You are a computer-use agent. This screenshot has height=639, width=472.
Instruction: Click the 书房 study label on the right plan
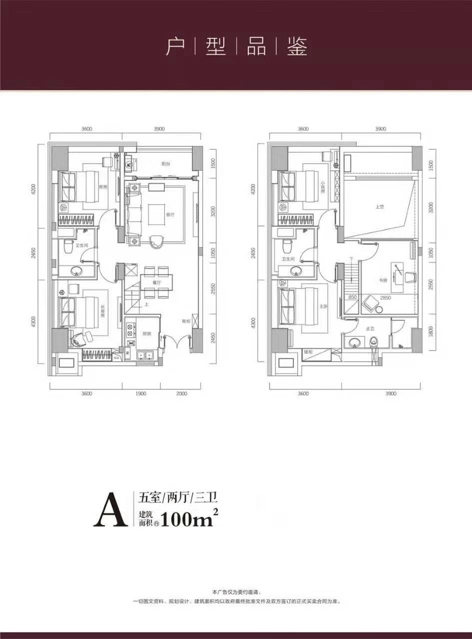[383, 281]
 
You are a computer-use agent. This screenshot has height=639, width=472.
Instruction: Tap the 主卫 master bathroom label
[370, 329]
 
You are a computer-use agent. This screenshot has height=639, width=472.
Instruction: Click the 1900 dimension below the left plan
[141, 394]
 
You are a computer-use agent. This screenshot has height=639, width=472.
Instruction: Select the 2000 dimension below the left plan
[181, 394]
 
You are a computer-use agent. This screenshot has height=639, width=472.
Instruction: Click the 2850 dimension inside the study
[386, 298]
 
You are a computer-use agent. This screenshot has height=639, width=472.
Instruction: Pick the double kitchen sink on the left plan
[145, 355]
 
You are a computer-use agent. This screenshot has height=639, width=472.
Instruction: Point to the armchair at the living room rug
[156, 241]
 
